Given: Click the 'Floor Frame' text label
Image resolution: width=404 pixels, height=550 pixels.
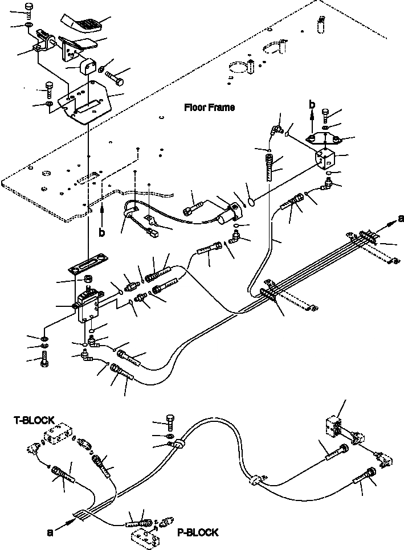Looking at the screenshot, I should (x=209, y=107).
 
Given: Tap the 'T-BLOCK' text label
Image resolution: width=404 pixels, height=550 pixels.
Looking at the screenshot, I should (x=34, y=420).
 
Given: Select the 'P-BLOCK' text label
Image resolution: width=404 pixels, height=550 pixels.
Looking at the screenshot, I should (x=197, y=533).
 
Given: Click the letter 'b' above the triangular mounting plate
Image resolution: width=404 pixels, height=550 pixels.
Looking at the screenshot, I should (x=311, y=104).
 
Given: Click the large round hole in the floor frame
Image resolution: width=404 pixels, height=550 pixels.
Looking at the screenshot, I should (x=238, y=68).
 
